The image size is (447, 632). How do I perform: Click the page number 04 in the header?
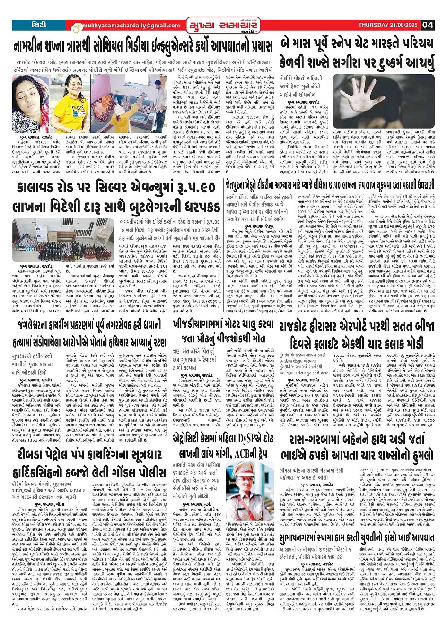coord(428,25)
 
